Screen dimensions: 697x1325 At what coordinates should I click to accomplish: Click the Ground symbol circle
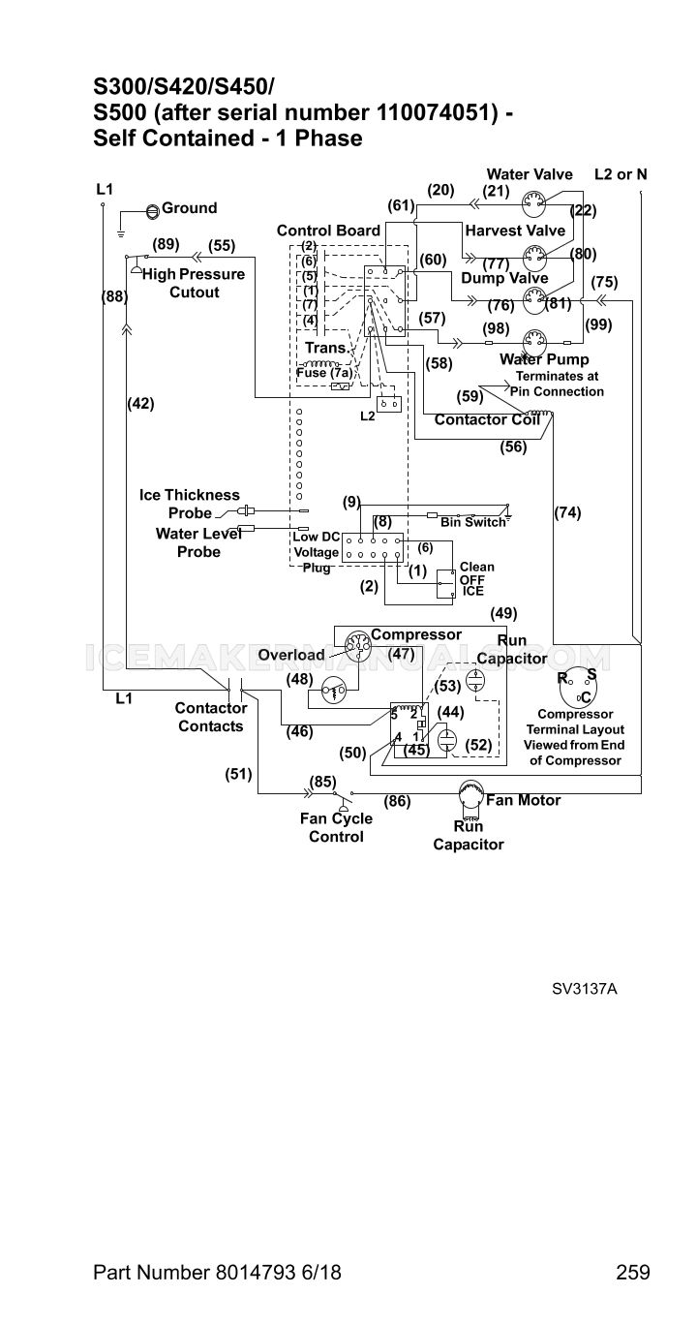(153, 210)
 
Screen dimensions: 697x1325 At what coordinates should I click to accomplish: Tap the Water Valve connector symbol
(533, 204)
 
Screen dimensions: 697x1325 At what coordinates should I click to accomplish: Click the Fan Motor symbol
(470, 792)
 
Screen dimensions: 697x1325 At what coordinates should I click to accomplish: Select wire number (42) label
(140, 404)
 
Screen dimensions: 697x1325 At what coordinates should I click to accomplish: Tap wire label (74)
(567, 512)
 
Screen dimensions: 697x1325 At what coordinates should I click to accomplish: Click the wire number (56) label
(513, 447)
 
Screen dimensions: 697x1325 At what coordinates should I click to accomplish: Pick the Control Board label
(328, 231)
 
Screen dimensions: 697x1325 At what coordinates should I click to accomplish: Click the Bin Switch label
(473, 522)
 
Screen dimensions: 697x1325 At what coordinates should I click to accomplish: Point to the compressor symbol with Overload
(357, 646)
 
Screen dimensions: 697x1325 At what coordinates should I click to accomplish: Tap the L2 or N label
(621, 174)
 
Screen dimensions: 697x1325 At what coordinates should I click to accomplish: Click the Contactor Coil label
(487, 420)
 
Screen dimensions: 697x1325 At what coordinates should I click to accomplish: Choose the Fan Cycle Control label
(336, 827)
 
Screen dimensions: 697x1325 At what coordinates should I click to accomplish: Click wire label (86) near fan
(397, 802)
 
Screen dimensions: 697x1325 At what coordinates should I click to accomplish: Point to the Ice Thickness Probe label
(190, 504)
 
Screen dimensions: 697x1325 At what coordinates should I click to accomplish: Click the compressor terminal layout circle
(577, 689)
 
